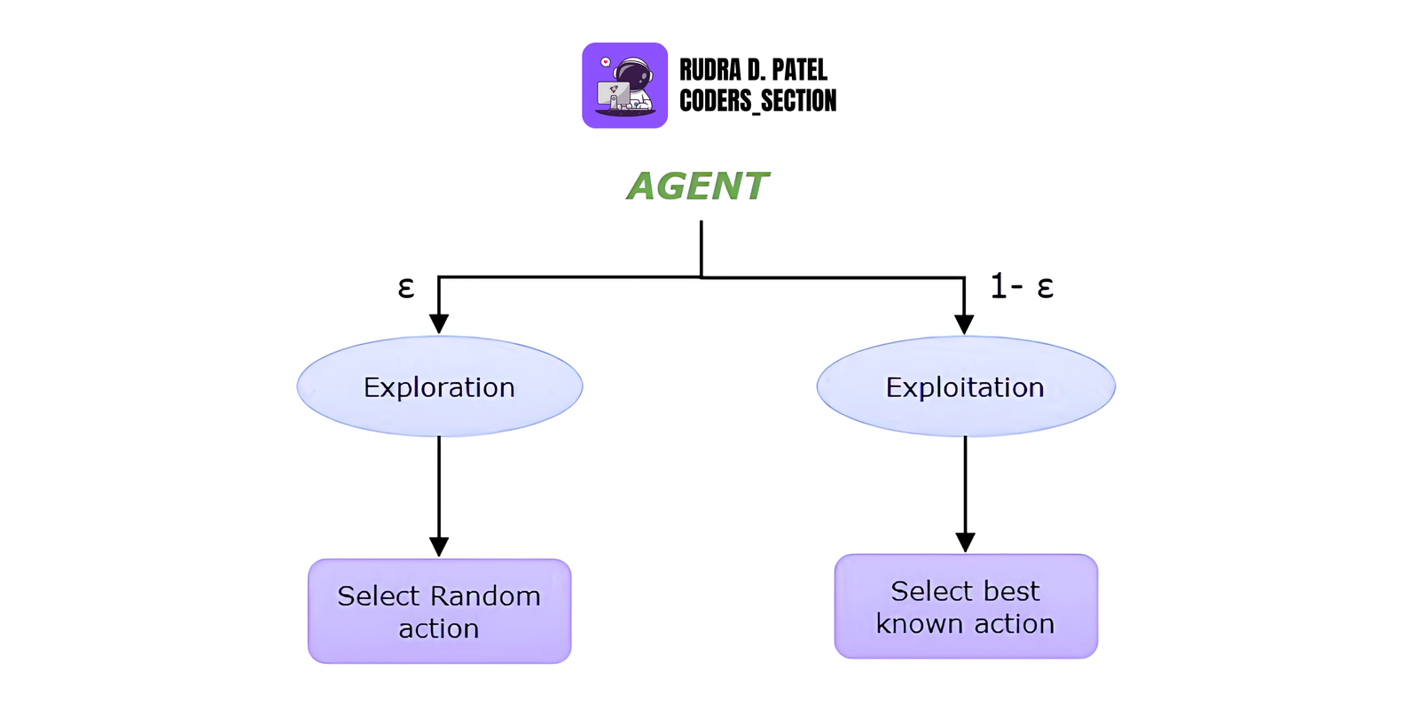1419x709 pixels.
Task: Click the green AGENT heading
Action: [698, 187]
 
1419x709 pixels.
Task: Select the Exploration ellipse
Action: [439, 386]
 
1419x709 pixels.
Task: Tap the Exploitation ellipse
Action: [965, 386]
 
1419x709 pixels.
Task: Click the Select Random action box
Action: [439, 612]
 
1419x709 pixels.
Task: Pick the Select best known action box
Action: [965, 606]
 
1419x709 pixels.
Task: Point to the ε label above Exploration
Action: [405, 287]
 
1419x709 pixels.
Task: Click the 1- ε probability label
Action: [1021, 286]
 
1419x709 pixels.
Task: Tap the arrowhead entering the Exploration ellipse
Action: [439, 323]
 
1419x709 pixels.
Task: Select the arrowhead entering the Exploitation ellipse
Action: [964, 323]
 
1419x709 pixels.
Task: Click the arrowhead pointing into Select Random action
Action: [439, 546]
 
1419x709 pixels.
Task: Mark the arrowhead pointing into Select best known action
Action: [965, 541]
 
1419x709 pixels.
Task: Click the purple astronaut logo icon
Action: [624, 86]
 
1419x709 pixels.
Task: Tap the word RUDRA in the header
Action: [710, 70]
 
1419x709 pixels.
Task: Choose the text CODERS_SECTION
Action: [757, 101]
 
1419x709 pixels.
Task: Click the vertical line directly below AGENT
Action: [702, 248]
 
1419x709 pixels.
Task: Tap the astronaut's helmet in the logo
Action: [632, 73]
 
